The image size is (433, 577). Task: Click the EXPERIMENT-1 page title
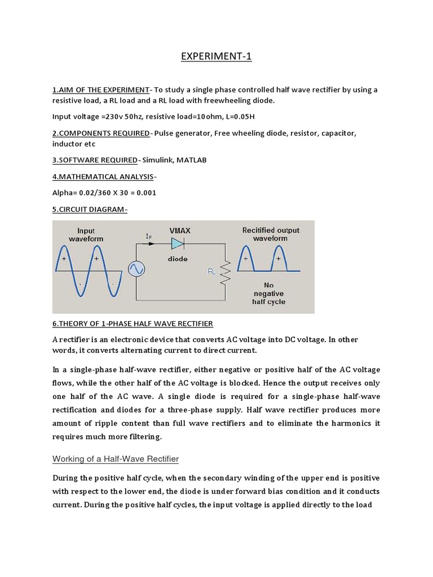(x=216, y=57)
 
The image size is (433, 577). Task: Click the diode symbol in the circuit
(x=178, y=243)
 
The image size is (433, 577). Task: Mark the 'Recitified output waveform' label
(x=271, y=234)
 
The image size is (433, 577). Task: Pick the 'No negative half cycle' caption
(x=268, y=294)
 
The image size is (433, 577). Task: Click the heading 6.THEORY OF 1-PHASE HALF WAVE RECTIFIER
(x=132, y=323)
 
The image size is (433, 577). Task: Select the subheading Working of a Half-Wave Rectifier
(x=115, y=459)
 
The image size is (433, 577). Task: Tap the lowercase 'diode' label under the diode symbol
(x=178, y=259)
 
